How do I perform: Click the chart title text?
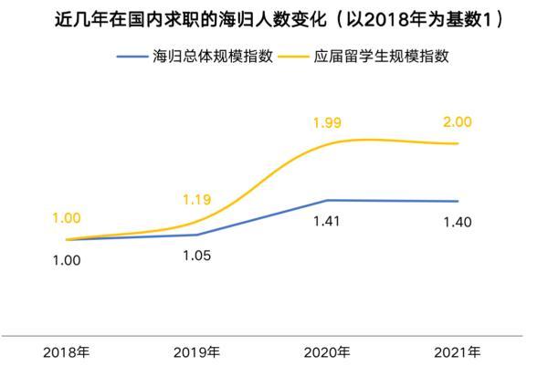coord(274,18)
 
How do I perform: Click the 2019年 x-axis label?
coord(195,352)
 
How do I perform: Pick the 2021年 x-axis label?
coord(458,352)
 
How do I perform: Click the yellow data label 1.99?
coord(328,121)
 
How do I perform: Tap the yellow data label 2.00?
coord(458,121)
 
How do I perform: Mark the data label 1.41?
coord(328,222)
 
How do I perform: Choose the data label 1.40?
coord(458,222)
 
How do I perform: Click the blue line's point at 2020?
coord(328,200)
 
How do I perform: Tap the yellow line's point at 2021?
coord(458,144)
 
